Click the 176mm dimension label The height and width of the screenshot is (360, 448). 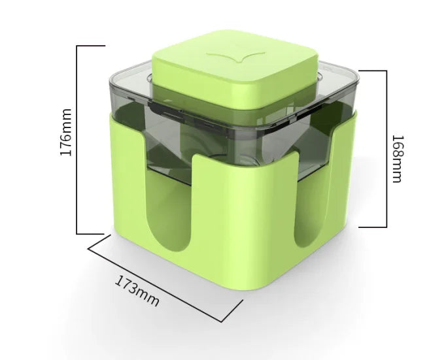point(65,132)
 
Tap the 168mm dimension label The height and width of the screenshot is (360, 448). point(398,159)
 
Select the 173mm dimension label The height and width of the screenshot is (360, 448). point(137,291)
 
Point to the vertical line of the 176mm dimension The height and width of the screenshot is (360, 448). point(77,140)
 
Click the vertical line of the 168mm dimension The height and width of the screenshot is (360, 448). point(387,149)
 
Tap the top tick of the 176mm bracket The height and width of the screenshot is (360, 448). point(91,46)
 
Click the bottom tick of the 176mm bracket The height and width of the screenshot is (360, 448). point(90,234)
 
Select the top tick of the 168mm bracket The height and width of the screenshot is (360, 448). point(373,71)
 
